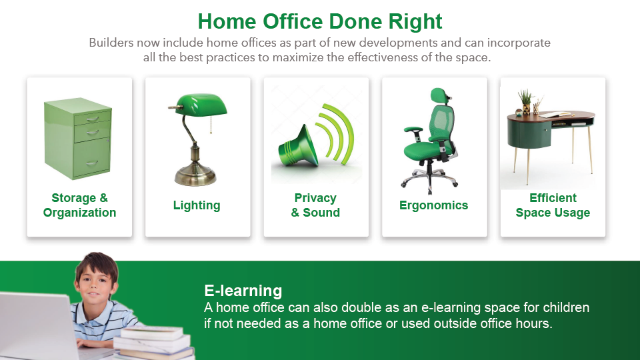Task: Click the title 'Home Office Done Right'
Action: pyautogui.click(x=320, y=21)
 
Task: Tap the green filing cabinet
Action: pyautogui.click(x=77, y=139)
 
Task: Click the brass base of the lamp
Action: pyautogui.click(x=195, y=176)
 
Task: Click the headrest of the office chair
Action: pyautogui.click(x=439, y=96)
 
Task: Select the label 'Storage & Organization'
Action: pyautogui.click(x=79, y=205)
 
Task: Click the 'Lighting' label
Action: pyautogui.click(x=197, y=205)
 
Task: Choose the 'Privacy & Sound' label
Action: pyautogui.click(x=315, y=205)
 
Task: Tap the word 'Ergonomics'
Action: pyautogui.click(x=433, y=205)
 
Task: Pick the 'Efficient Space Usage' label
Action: pyautogui.click(x=553, y=205)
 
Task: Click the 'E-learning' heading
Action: pyautogui.click(x=243, y=291)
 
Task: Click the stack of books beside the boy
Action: pyautogui.click(x=154, y=342)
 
